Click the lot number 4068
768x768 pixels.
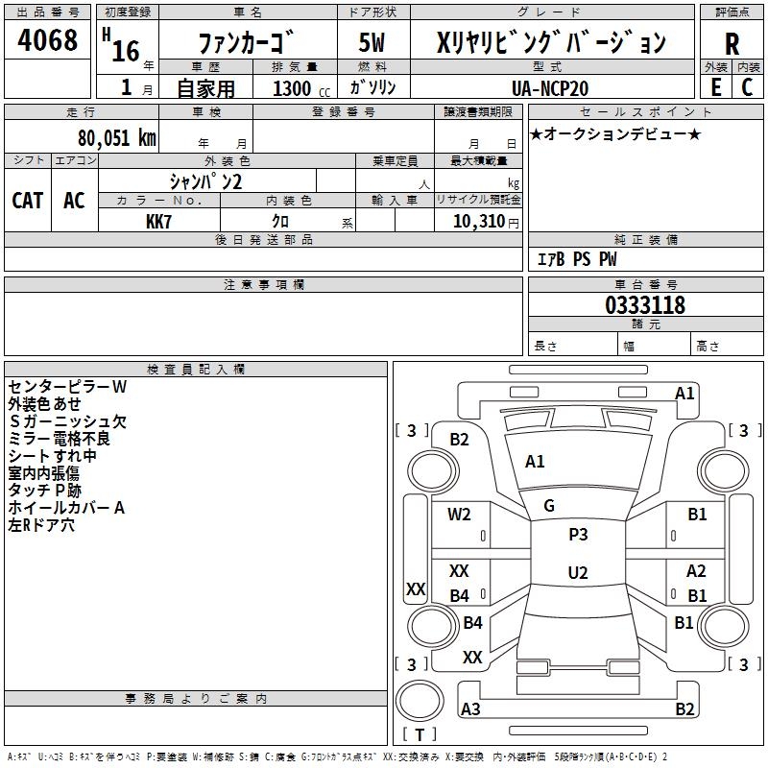(x=47, y=39)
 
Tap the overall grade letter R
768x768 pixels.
(x=732, y=44)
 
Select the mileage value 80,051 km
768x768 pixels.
(x=116, y=138)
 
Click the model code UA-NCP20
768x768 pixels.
(x=550, y=88)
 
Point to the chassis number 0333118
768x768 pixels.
(x=645, y=305)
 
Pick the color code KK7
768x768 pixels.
(x=158, y=222)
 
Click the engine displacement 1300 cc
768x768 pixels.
(x=301, y=88)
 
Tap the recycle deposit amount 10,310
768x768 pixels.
(x=478, y=222)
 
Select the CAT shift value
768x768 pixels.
(x=28, y=201)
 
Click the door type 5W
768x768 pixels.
(x=372, y=42)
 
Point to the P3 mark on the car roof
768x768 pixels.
(x=578, y=535)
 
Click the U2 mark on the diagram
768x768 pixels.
(x=578, y=572)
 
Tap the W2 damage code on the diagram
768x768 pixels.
(x=459, y=515)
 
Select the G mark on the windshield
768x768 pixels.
(x=549, y=506)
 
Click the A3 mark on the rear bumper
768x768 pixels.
(x=470, y=708)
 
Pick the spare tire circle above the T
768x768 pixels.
(x=420, y=700)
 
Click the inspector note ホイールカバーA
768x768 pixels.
(x=66, y=508)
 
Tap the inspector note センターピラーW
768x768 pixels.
(x=67, y=387)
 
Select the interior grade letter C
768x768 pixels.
(x=747, y=87)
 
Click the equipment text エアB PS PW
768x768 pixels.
(x=577, y=259)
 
